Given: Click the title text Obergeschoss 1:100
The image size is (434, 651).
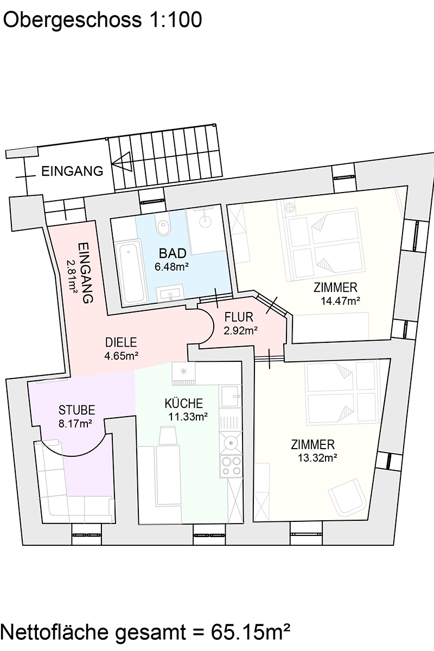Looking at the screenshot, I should click(103, 20).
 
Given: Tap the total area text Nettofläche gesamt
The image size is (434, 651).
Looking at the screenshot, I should click(146, 631).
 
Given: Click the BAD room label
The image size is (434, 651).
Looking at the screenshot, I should click(173, 253).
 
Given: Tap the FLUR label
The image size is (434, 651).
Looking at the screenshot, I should click(239, 317).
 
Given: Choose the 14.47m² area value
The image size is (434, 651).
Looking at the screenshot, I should click(341, 299).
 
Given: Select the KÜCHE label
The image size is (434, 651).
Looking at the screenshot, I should click(184, 404).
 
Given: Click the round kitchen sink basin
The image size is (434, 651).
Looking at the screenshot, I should click(232, 443).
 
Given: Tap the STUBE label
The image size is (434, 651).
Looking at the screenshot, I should click(77, 410).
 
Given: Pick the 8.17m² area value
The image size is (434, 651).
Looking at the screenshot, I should click(75, 424).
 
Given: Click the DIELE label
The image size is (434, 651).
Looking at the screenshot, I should click(122, 342).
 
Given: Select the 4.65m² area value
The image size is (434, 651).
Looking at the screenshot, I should click(122, 356).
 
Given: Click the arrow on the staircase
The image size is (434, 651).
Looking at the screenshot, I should click(122, 161).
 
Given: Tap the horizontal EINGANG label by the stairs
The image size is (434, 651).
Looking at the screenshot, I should click(72, 172).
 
